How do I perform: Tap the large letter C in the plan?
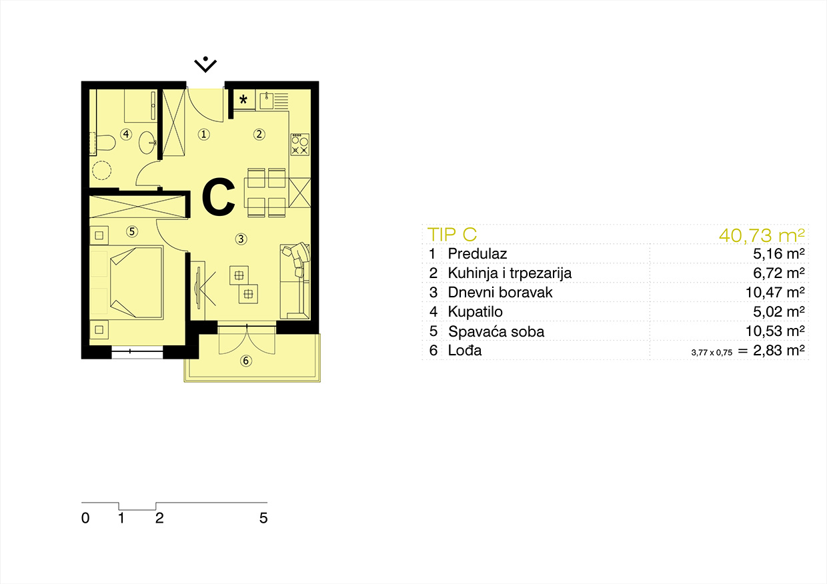click(219, 197)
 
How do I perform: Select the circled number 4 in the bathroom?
click(126, 134)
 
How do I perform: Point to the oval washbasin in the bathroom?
click(147, 143)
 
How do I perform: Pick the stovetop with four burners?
click(299, 144)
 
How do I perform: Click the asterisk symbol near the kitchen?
click(243, 99)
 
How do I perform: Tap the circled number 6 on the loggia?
click(246, 361)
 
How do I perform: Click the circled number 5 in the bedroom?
click(132, 231)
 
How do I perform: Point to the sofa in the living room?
click(295, 281)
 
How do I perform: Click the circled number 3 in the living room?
click(241, 239)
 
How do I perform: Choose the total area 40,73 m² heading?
click(762, 235)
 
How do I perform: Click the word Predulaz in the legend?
click(477, 253)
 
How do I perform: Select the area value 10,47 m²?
click(775, 293)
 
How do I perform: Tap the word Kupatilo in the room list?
click(475, 312)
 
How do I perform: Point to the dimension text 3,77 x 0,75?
click(712, 353)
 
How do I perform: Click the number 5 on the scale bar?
click(263, 518)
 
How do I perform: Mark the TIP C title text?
click(452, 235)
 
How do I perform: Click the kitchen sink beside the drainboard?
click(266, 100)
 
